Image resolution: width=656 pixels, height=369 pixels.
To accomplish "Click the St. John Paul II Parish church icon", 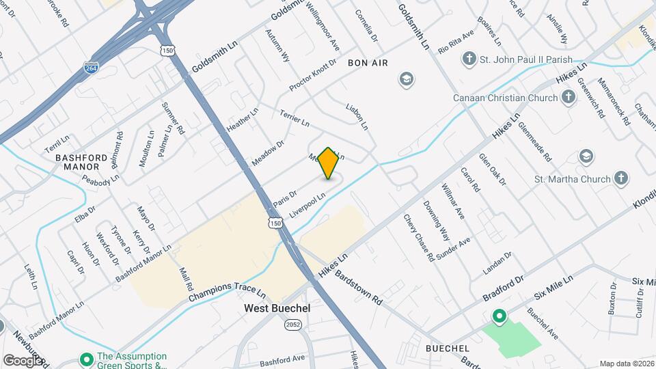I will (x=469, y=59).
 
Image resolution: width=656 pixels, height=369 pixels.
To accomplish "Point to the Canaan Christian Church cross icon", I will (x=569, y=98).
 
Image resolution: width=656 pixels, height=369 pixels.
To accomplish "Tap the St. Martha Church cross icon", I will (x=621, y=179).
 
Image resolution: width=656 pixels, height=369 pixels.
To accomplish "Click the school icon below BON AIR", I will (x=406, y=80).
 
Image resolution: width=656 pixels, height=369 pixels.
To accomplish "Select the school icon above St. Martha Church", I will (x=586, y=156).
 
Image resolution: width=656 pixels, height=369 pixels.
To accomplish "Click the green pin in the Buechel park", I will (x=499, y=316).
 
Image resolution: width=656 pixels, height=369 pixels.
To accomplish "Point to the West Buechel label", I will (x=277, y=308).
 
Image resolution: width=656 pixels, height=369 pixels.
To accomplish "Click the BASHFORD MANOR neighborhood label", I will (x=77, y=161).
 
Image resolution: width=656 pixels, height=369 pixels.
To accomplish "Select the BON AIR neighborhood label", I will (x=368, y=62).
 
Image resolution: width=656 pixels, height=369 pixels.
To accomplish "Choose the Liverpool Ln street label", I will (x=307, y=205).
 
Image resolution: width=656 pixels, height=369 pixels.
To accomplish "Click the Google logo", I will (x=23, y=360).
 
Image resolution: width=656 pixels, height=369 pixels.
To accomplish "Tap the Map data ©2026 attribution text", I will (x=627, y=364).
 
